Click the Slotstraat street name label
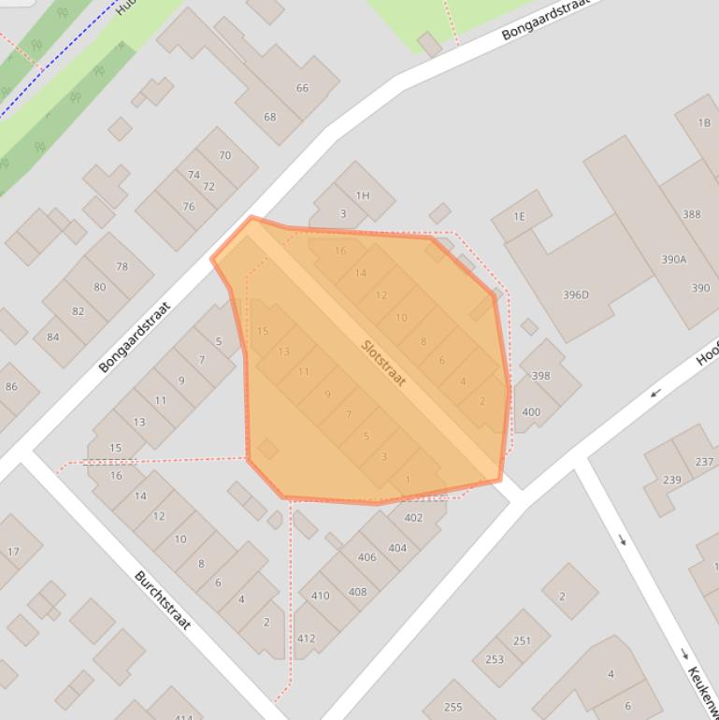[383, 365]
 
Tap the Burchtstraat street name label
[163, 599]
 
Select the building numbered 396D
[576, 295]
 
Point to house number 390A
[673, 259]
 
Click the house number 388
[691, 214]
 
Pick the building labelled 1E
[519, 217]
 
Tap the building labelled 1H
[363, 195]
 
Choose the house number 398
[540, 376]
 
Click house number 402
[413, 517]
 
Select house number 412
[306, 639]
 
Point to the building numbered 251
[522, 641]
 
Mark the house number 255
[453, 708]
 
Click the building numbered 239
[671, 480]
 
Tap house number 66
[302, 88]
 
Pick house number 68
[270, 117]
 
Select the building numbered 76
[189, 207]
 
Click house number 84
[52, 337]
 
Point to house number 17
[13, 552]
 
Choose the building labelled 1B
[704, 123]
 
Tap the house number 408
[357, 592]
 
